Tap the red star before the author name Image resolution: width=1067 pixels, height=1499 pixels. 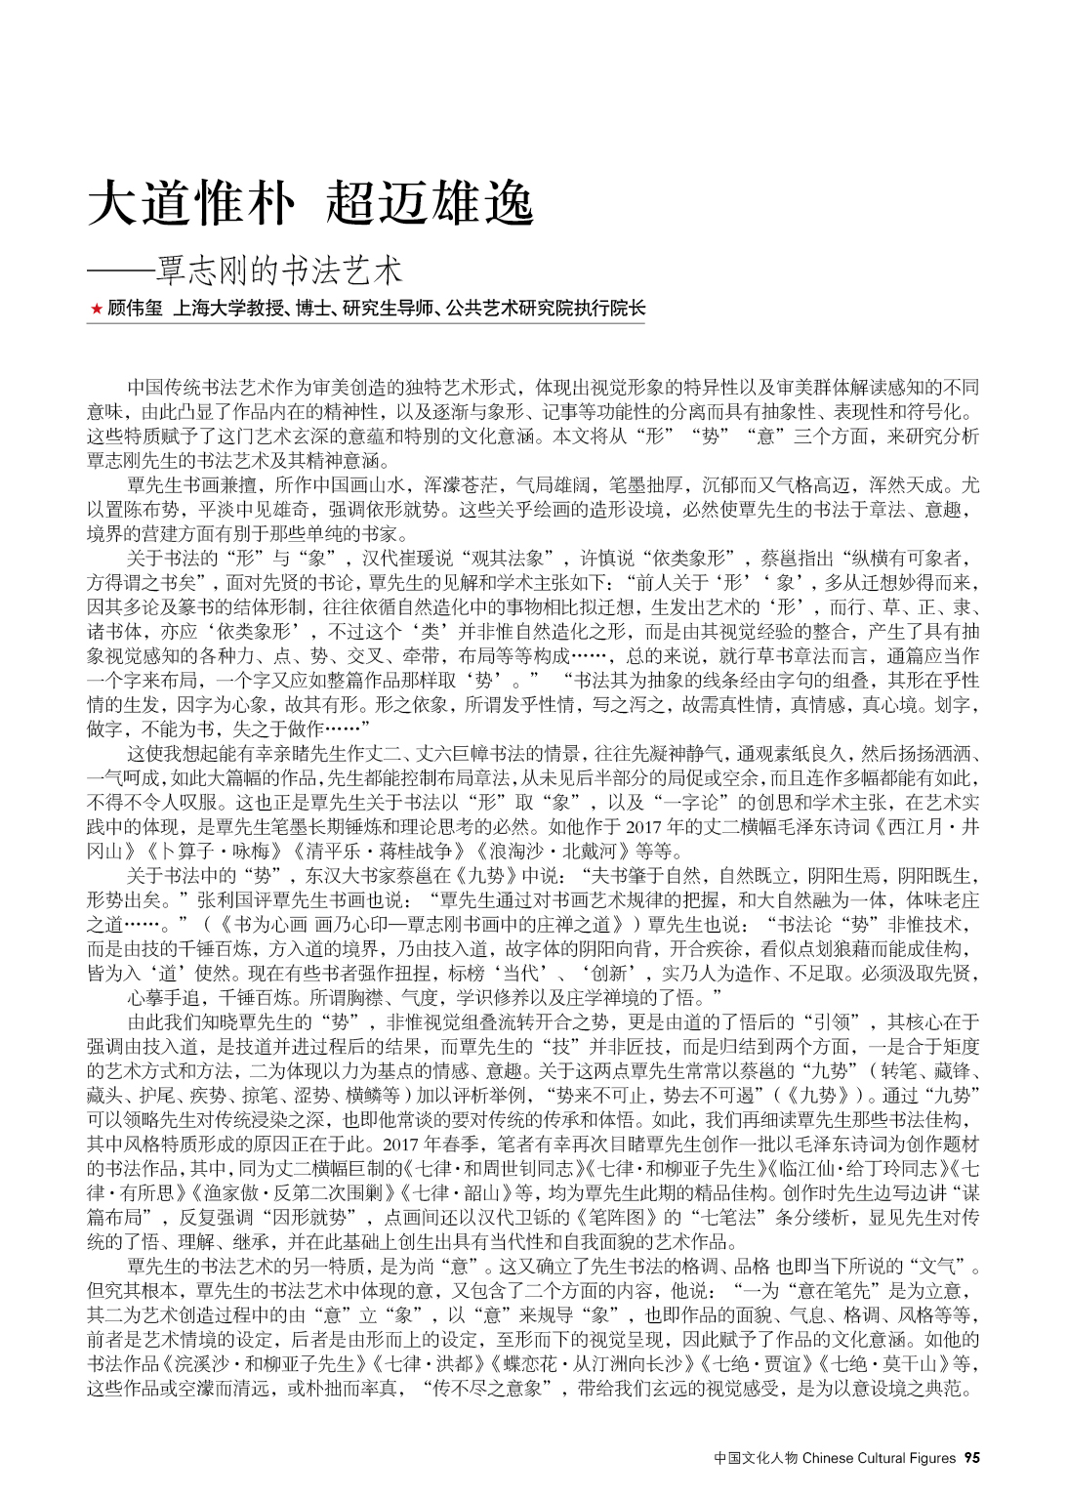(95, 310)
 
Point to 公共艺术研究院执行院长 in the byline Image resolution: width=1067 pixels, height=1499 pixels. (546, 310)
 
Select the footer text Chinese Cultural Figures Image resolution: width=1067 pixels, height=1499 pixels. (879, 1458)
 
